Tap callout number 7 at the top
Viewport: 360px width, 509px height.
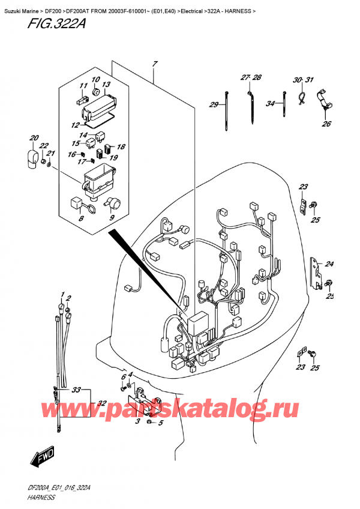(154, 65)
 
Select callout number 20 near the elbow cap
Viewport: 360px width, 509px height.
(34, 137)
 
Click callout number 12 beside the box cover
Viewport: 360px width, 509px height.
(75, 125)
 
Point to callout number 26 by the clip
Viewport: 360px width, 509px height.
(326, 124)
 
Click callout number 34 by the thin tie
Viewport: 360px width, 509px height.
(271, 103)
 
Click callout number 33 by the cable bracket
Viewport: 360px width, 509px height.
(76, 390)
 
